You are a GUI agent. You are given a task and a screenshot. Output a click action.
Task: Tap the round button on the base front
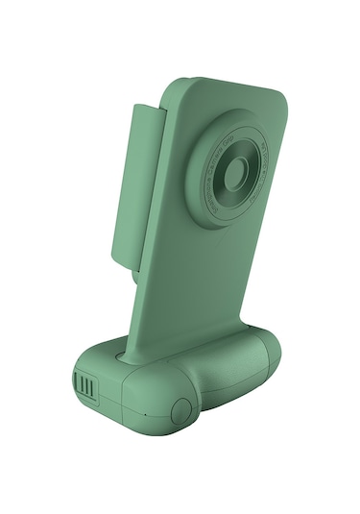180,410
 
